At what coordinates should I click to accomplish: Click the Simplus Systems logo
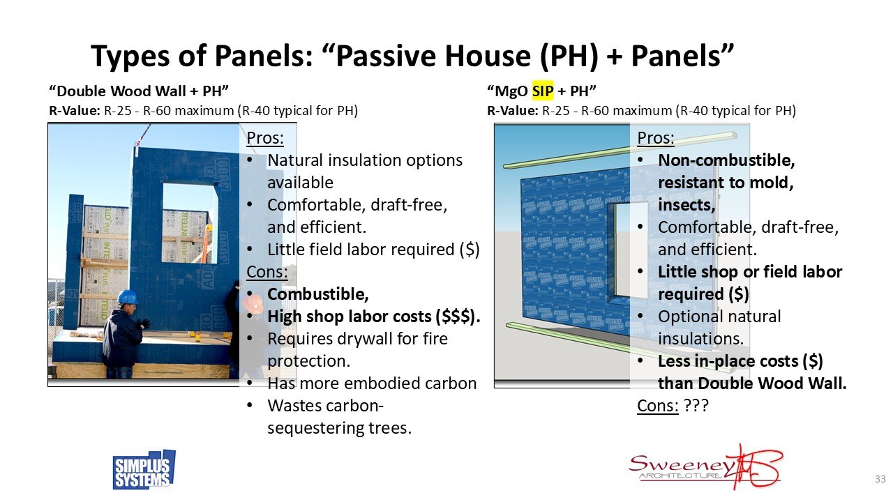(144, 469)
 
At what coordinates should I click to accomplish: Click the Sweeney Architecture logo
(705, 466)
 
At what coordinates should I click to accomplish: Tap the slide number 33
(880, 479)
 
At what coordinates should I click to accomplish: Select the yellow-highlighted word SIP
(542, 91)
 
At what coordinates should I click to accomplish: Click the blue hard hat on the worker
(127, 297)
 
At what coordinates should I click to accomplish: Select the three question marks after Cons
(696, 406)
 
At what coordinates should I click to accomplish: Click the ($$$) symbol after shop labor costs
(457, 316)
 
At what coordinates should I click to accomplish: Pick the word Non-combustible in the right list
(726, 160)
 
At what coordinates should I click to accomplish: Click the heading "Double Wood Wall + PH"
(140, 91)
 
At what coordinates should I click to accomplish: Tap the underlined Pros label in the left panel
(265, 138)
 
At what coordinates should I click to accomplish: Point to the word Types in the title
(133, 56)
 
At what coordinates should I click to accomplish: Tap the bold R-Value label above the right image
(512, 110)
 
